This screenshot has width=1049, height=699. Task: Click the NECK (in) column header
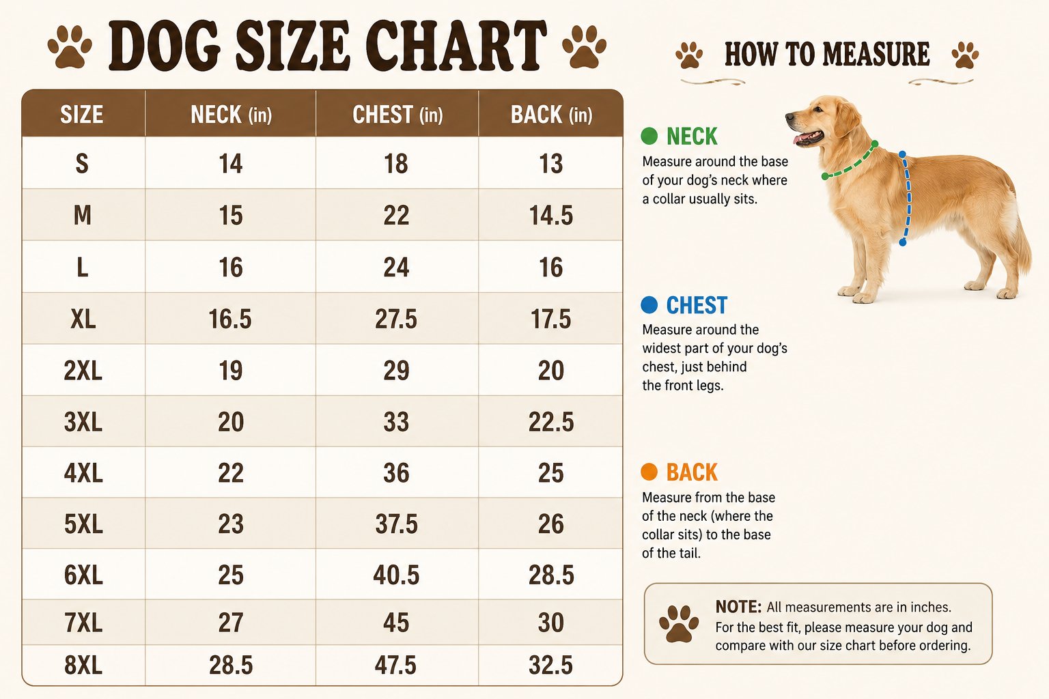[232, 115]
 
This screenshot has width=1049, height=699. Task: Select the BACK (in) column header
[551, 115]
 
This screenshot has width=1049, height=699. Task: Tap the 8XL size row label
[83, 665]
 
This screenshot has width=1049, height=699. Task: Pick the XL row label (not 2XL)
[83, 319]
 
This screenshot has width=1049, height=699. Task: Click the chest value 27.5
[395, 319]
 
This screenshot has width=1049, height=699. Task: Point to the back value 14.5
[550, 216]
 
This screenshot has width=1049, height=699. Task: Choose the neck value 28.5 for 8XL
[231, 665]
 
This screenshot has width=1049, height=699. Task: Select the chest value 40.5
[396, 575]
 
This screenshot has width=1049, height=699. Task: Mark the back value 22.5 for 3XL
[550, 422]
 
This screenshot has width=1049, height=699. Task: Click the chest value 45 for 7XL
[396, 623]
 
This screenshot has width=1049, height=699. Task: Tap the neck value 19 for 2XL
[230, 371]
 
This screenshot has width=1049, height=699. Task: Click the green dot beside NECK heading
[649, 136]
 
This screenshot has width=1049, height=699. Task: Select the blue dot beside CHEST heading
[649, 304]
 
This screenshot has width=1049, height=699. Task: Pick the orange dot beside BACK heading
[649, 472]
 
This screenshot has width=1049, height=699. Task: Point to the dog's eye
[817, 109]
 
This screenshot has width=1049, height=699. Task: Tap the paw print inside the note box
[679, 624]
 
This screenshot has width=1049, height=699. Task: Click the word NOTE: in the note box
[738, 607]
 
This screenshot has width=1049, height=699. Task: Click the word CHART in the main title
[456, 46]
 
